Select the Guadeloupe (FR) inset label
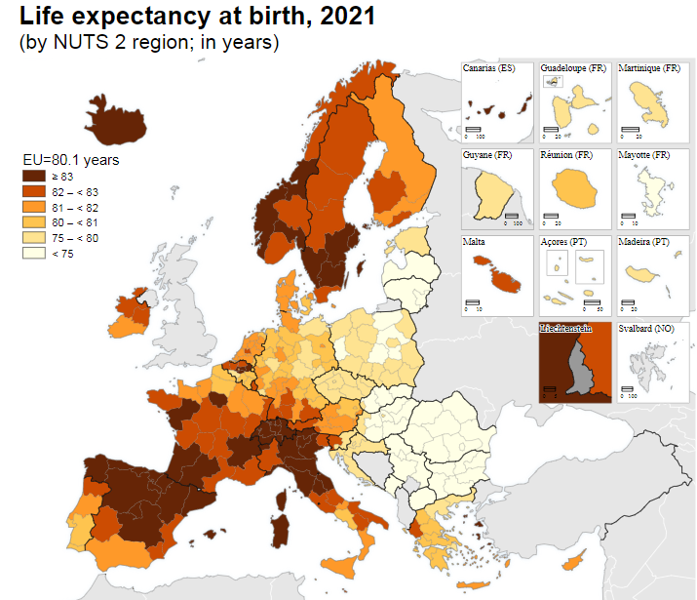[x=573, y=68]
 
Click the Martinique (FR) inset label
[x=649, y=68]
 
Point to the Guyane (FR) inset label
[x=486, y=155]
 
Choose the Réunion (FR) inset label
[x=566, y=155]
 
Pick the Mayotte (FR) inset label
[x=644, y=155]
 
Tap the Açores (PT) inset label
[x=564, y=241]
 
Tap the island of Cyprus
[x=577, y=563]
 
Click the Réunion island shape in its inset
[x=572, y=186]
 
